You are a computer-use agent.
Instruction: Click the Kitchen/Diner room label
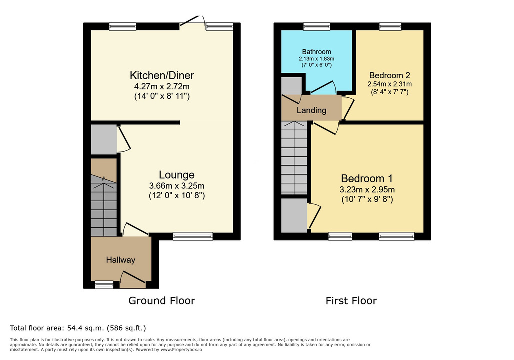[x=162, y=76]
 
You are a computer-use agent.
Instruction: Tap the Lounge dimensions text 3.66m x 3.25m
[x=177, y=186]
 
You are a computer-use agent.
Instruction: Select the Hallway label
[x=121, y=260]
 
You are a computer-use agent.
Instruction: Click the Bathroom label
[x=316, y=52]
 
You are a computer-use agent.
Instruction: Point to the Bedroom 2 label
[x=390, y=75]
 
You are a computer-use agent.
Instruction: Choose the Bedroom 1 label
[x=367, y=179]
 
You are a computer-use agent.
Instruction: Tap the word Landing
[x=311, y=110]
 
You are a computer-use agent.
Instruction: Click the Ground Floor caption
[x=162, y=301]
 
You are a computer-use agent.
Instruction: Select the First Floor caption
[x=351, y=301]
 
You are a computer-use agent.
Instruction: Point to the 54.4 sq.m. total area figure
[x=86, y=328]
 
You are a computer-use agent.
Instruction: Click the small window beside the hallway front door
[x=104, y=285]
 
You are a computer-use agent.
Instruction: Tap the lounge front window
[x=193, y=236]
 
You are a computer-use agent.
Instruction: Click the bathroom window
[x=317, y=26]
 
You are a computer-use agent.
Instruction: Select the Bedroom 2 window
[x=390, y=26]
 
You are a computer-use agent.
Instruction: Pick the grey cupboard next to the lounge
[x=103, y=139]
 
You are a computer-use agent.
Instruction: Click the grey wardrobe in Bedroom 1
[x=294, y=215]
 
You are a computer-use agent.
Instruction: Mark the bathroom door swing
[x=323, y=87]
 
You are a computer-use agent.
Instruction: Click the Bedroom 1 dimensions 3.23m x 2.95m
[x=367, y=190]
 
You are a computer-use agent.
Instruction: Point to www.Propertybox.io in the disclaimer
[x=181, y=350]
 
